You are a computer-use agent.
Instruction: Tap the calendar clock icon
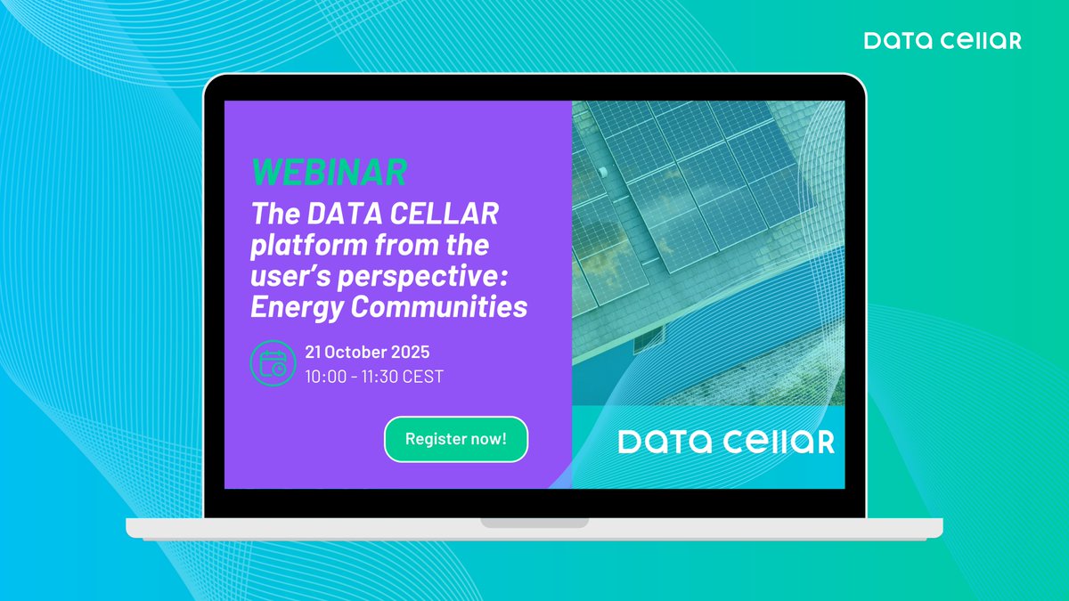[273, 363]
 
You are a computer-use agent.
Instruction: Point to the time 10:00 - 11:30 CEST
[374, 377]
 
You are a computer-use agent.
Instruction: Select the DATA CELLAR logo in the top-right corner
[943, 41]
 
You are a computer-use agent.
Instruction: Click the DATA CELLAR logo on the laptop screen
[726, 442]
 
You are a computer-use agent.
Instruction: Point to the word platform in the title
[303, 244]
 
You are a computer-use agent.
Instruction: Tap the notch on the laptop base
[534, 522]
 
